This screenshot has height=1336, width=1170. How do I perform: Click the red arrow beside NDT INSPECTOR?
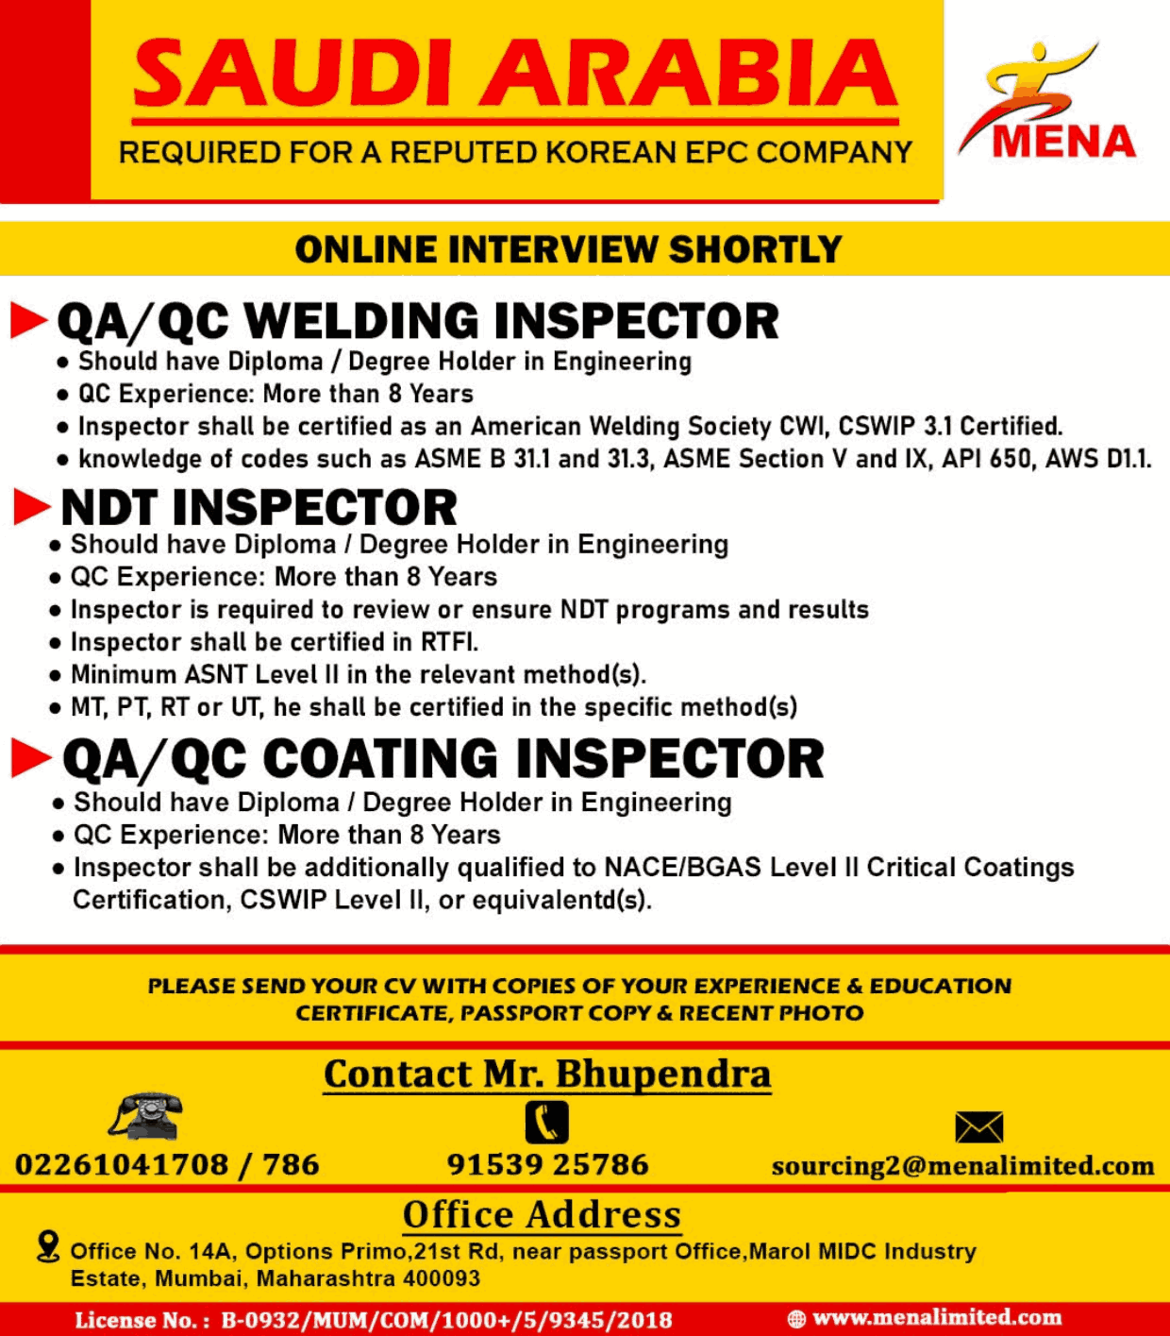[31, 508]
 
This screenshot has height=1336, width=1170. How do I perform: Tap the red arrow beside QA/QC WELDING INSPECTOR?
[28, 321]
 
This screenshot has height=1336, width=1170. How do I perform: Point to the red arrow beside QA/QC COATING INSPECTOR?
[30, 758]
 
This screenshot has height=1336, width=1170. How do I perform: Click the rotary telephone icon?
[146, 1117]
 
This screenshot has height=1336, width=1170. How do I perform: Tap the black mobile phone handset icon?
[546, 1123]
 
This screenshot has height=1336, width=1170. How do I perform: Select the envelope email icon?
[978, 1126]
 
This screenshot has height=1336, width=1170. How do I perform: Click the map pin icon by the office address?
[47, 1246]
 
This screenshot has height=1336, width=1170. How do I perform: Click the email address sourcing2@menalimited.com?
[962, 1166]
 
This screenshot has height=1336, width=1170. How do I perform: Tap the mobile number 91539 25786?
[547, 1165]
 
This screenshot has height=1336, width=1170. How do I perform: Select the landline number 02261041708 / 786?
[167, 1165]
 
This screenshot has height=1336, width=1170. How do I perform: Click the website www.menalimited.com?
[936, 1317]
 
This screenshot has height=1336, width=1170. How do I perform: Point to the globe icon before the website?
[796, 1319]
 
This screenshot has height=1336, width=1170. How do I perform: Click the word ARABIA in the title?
[689, 74]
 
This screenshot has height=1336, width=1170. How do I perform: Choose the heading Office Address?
[542, 1215]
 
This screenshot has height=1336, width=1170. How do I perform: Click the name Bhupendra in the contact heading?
[662, 1074]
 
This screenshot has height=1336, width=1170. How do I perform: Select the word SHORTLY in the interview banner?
[755, 250]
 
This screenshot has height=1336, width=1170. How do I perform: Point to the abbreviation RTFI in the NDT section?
[448, 643]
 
